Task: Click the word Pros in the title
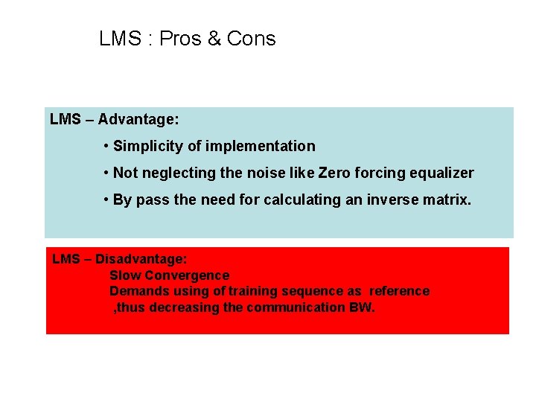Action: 180,39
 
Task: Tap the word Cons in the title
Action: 251,39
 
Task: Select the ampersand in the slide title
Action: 214,39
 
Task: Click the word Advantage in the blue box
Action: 138,119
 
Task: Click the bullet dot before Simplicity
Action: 107,146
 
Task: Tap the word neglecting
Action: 174,173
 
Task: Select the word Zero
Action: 334,173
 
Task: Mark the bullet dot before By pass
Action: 107,200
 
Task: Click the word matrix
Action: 447,200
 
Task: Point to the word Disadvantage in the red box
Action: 141,259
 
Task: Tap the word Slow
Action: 124,275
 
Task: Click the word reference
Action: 399,291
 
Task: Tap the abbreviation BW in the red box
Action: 360,307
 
